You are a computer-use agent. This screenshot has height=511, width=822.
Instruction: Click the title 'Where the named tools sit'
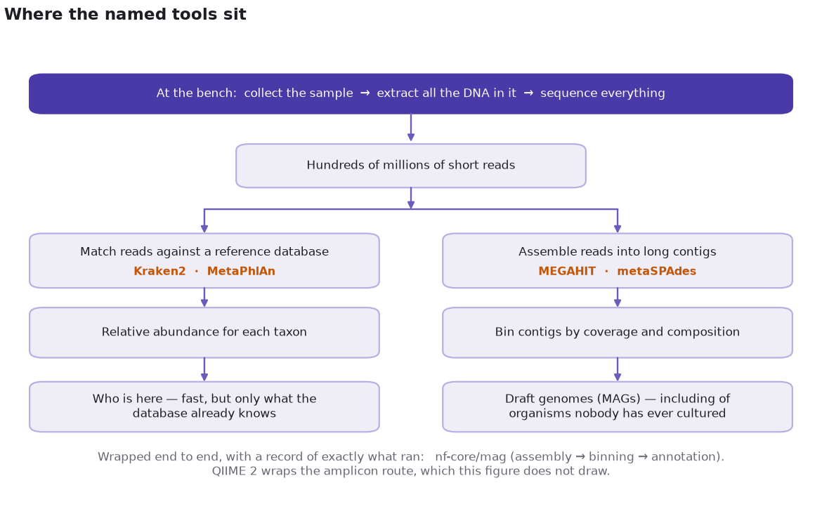(x=125, y=14)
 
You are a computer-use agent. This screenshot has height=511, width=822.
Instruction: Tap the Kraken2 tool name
(x=159, y=271)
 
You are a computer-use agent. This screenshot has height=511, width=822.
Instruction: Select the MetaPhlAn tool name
(x=241, y=271)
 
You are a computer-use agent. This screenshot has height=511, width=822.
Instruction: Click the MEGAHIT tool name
(x=567, y=271)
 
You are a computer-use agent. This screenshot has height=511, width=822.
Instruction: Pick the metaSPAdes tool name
(x=656, y=271)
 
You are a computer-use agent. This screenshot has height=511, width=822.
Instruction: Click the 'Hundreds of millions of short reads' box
(x=411, y=166)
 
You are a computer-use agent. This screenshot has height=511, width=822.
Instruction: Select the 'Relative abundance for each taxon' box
(x=204, y=333)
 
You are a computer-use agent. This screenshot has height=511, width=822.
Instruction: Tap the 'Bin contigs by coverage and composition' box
(x=618, y=333)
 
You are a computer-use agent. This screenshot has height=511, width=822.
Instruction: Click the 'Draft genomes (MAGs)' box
(x=618, y=407)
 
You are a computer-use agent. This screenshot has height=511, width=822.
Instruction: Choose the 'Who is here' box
(x=204, y=407)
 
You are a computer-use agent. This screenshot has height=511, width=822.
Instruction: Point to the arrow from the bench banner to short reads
(x=411, y=127)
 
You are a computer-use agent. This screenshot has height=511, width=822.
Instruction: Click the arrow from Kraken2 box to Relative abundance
(x=204, y=298)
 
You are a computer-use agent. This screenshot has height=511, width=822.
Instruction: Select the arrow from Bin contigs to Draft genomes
(x=618, y=370)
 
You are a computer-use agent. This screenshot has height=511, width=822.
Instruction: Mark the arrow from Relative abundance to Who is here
(x=204, y=370)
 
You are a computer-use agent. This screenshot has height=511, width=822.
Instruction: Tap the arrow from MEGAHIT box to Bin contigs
(x=618, y=298)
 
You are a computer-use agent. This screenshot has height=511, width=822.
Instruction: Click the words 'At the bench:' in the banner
(x=197, y=93)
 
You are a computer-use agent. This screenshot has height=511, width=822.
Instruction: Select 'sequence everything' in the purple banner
(x=603, y=93)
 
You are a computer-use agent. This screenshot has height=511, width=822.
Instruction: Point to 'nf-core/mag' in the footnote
(x=470, y=456)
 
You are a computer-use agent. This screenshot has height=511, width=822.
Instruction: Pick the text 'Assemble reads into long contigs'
(x=618, y=252)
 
